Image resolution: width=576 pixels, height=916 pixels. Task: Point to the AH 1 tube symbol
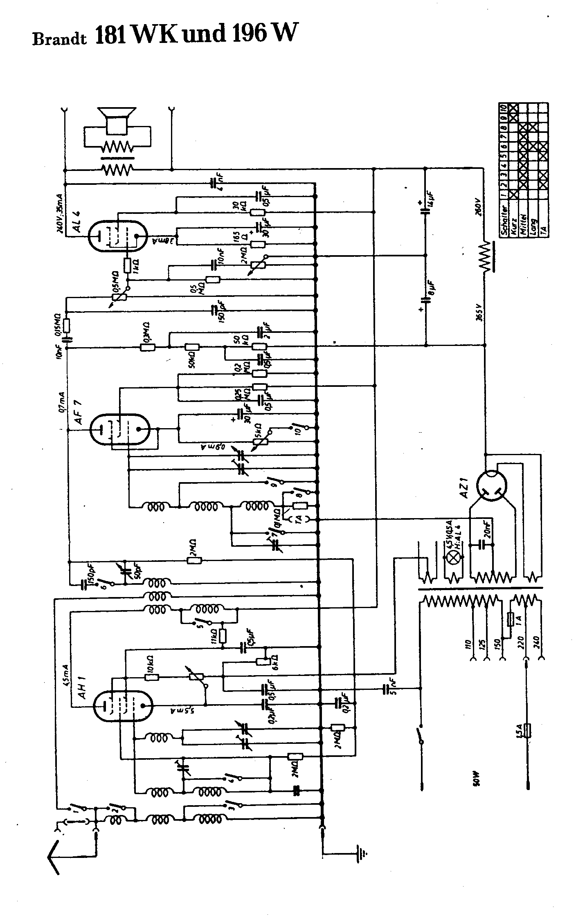pyautogui.click(x=122, y=705)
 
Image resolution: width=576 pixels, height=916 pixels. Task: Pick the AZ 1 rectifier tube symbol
pyautogui.click(x=491, y=487)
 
